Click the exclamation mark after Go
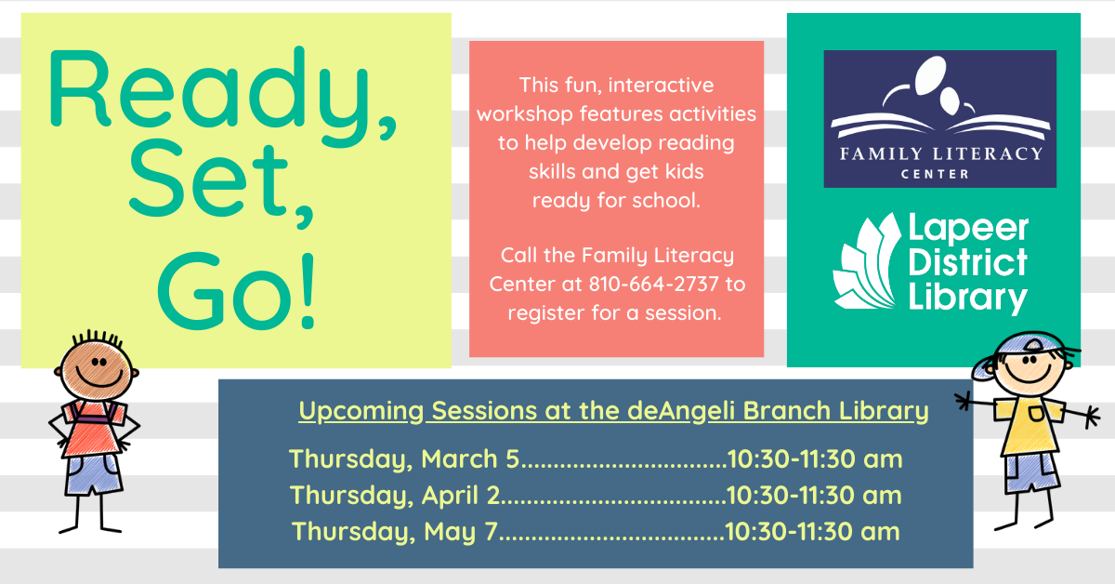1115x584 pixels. point(308,291)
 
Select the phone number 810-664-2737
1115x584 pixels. point(654,284)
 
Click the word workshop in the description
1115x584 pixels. point(525,114)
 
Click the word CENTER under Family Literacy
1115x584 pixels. point(935,174)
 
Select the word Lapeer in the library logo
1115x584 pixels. point(968,229)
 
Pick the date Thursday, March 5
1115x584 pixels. point(404,459)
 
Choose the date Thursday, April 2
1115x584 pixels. point(395,496)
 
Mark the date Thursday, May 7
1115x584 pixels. point(394,532)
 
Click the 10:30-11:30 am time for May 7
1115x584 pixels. point(812,532)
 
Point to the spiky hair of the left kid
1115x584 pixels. point(97,338)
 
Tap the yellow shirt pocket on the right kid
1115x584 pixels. point(1035,413)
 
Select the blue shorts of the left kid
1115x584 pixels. point(93,474)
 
